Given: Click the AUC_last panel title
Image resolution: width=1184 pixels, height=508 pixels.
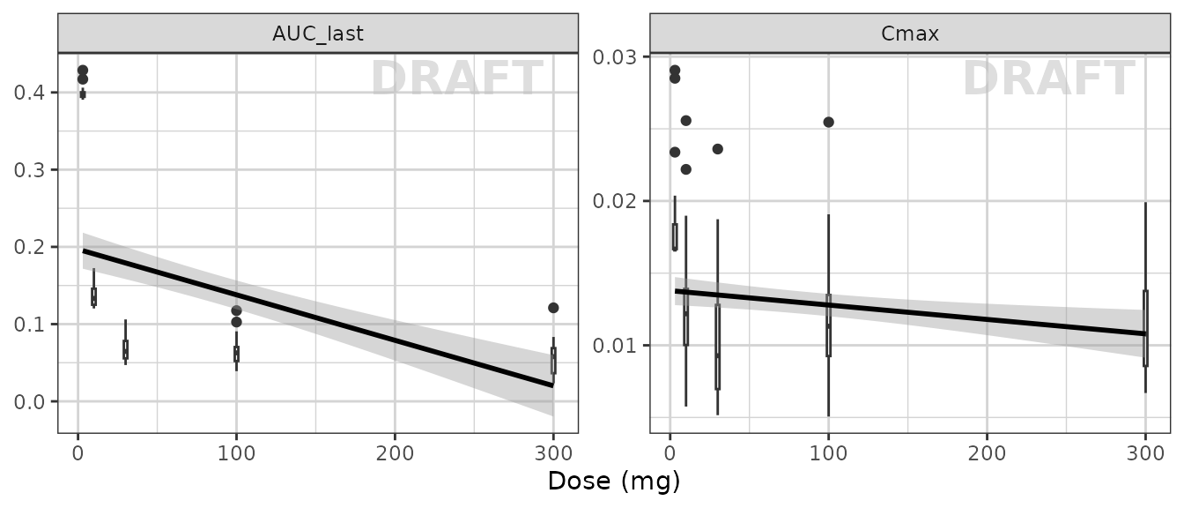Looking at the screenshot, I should [317, 34].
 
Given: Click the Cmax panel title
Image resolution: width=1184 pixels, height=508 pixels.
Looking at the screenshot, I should [910, 34].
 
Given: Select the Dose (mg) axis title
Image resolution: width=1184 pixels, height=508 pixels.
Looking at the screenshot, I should [614, 482].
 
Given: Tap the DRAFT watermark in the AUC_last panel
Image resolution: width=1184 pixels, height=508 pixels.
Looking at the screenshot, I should [456, 79].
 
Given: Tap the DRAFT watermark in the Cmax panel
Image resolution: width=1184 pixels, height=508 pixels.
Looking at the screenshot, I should [1048, 79].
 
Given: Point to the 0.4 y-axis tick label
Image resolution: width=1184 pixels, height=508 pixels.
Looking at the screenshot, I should [32, 93].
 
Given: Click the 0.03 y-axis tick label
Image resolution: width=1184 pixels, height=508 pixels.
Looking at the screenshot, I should [618, 57].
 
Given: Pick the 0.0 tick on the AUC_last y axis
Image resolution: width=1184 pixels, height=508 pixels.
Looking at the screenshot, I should [32, 402].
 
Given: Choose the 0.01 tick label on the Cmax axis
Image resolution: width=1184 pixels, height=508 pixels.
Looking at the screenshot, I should [618, 345].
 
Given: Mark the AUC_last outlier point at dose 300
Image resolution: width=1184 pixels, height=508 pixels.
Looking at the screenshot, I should [553, 308].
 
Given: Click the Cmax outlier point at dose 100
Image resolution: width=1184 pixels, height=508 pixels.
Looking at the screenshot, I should [828, 122].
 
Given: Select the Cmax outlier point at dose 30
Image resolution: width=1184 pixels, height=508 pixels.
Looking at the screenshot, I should [717, 149].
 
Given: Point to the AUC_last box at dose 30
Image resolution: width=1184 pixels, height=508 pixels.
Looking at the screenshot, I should [125, 349].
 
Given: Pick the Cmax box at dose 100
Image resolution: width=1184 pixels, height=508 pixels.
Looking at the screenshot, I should [828, 325].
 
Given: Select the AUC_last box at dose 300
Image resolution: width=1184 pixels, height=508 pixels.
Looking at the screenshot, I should [553, 360].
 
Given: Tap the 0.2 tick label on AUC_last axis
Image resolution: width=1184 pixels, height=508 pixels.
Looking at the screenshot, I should [32, 247].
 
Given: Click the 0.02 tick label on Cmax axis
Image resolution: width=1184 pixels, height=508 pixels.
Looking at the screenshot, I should [618, 201].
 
